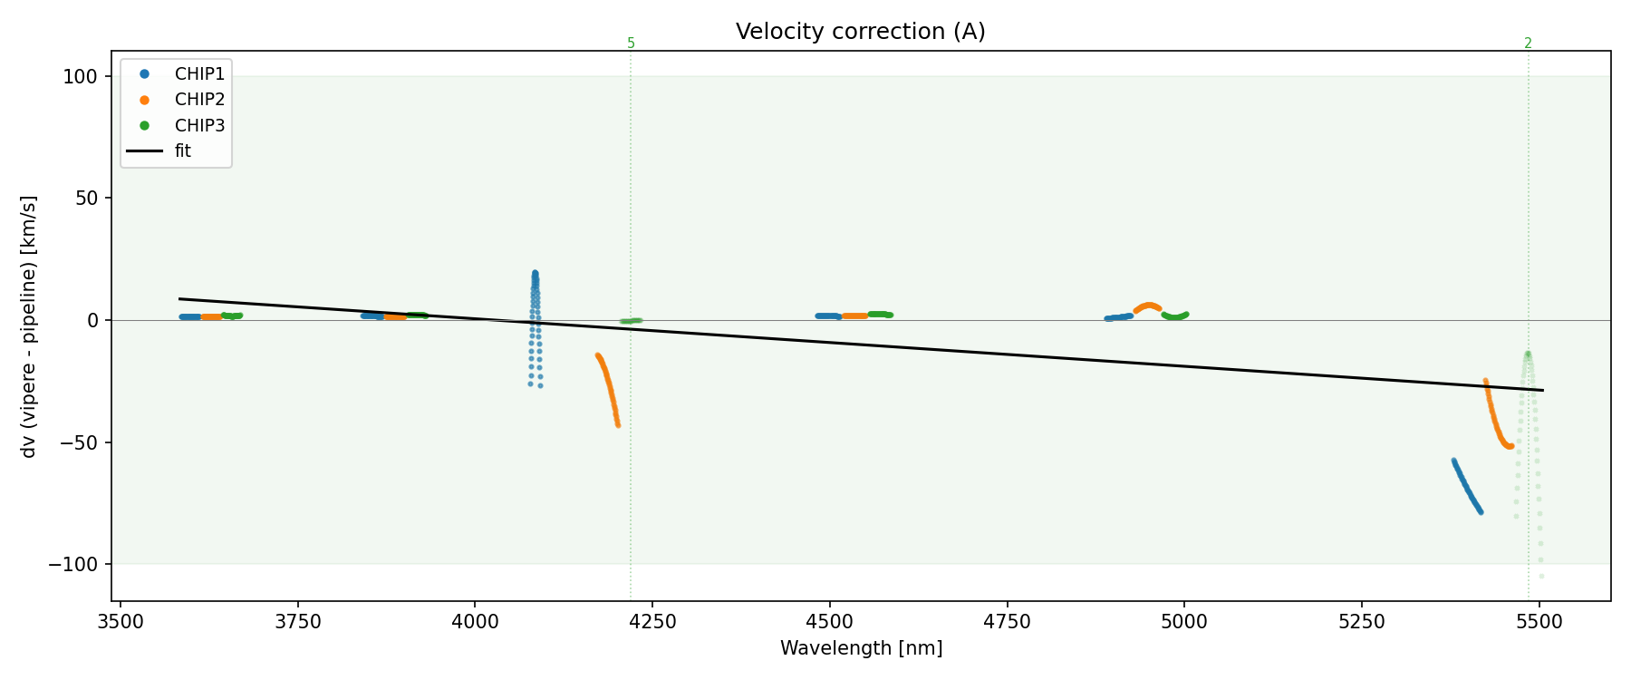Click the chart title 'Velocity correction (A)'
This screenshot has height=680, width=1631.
[860, 32]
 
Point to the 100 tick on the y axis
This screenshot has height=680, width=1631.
[81, 77]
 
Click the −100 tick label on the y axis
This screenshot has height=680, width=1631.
[76, 565]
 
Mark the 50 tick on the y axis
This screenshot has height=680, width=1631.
[86, 199]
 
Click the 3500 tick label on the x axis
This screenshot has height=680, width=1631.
[121, 622]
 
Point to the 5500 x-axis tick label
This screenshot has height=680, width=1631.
[1539, 622]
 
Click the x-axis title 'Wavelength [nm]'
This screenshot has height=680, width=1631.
[861, 649]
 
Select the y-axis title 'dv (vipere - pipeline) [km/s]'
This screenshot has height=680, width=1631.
[29, 326]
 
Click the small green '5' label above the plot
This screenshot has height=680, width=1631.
[631, 44]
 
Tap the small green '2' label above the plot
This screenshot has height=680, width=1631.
[1528, 44]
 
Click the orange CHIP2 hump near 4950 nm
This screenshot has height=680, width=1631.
[1147, 306]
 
